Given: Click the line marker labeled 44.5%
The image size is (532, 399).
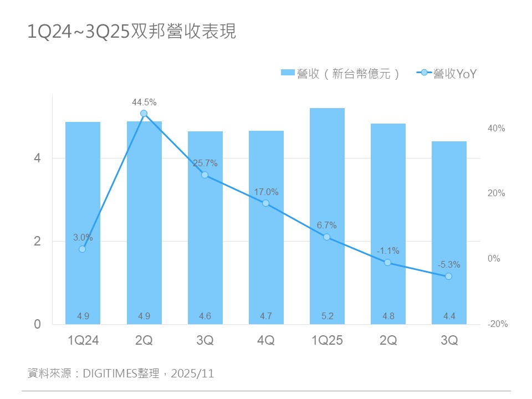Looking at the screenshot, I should click(x=144, y=114).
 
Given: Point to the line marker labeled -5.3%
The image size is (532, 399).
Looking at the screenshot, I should click(x=448, y=276).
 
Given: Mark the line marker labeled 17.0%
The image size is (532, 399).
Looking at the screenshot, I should click(x=266, y=203).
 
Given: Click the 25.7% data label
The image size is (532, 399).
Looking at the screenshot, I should click(x=205, y=163).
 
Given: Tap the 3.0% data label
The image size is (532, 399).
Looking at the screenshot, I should click(x=83, y=238).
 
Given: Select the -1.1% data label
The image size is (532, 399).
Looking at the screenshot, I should click(x=388, y=251).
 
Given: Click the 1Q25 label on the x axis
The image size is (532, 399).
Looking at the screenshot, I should click(x=327, y=341).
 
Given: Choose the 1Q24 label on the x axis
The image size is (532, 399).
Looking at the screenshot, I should click(x=83, y=341).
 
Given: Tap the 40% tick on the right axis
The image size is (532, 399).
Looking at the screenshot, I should click(x=497, y=129).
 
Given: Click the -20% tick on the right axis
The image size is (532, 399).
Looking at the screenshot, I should click(x=498, y=324).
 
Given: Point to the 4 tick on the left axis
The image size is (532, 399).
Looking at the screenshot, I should click(x=38, y=158).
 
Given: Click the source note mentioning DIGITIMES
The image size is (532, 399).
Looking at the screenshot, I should click(x=121, y=373).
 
